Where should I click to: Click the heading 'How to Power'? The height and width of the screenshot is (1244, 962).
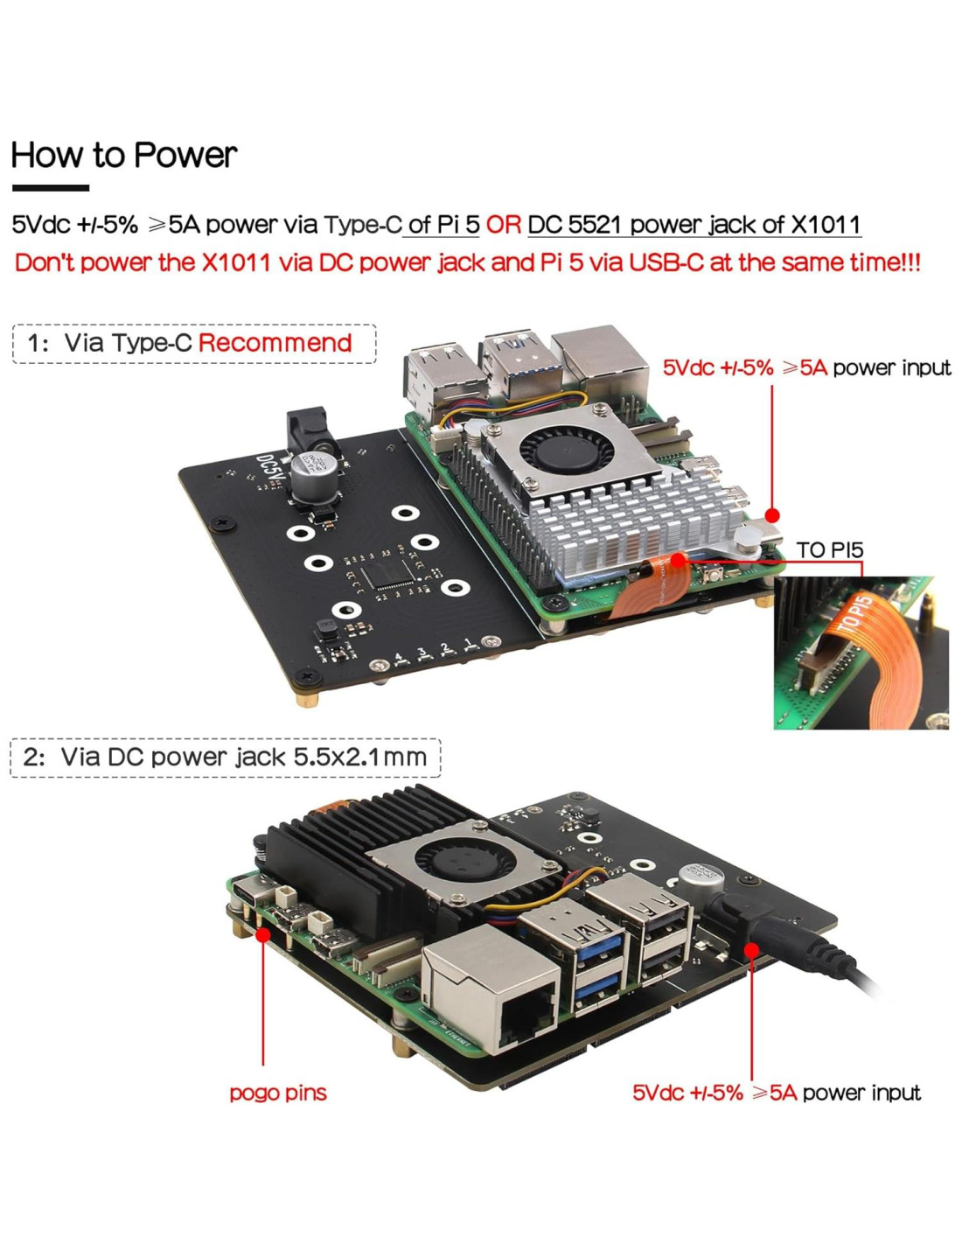(123, 156)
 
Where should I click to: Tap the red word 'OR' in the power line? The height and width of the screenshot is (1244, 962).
(503, 225)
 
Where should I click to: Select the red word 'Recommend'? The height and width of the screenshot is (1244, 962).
(275, 343)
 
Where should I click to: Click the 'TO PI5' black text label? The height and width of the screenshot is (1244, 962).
(829, 550)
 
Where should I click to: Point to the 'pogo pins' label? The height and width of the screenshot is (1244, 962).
(277, 1093)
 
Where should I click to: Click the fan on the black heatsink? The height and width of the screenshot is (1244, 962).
(457, 861)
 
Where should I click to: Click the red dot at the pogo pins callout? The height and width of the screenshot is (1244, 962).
(262, 934)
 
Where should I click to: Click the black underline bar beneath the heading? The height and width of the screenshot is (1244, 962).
(50, 187)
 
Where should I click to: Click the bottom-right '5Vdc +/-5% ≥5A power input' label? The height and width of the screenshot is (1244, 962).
(776, 1093)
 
